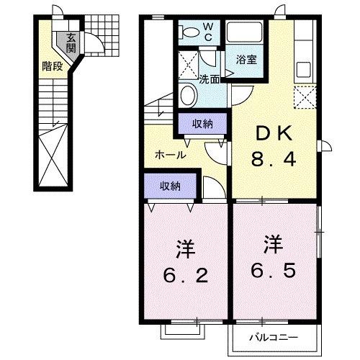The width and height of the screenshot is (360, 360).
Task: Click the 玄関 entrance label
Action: click(71, 43)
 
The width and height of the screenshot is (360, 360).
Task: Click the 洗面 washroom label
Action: click(209, 78)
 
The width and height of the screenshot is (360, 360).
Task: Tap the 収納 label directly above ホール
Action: click(202, 124)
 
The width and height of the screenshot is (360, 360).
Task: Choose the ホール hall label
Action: click(171, 154)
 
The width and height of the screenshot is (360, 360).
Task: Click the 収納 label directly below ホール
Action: click(170, 186)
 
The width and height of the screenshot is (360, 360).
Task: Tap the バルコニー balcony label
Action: click(274, 337)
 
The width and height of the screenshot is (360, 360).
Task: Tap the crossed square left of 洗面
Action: click(187, 64)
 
